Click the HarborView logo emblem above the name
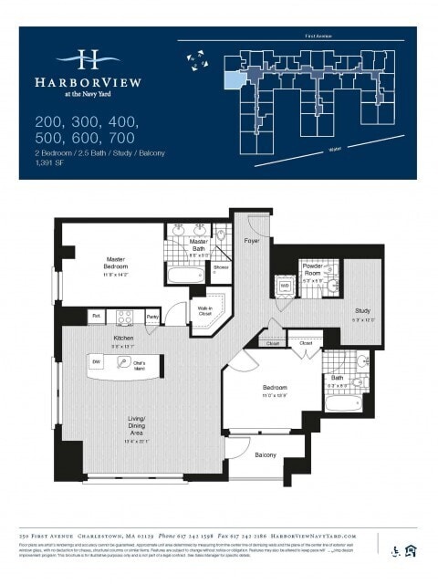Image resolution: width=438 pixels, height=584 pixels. pos(88,59)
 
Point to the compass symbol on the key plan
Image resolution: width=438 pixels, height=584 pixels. pos(195,58)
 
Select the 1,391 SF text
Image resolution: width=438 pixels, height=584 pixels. pos(50,163)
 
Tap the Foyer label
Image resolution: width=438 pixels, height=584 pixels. pos(251,241)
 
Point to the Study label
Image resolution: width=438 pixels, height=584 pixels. pos(362,311)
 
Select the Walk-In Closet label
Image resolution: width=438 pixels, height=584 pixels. pos(204,311)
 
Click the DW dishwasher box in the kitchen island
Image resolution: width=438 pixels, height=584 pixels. pos(96,362)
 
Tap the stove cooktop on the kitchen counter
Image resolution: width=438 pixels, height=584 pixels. pos(125,317)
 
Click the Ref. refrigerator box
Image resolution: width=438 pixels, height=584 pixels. pos(96,317)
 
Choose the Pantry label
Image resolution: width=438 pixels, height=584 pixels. pos(152,317)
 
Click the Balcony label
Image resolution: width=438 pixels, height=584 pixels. pos(266,454)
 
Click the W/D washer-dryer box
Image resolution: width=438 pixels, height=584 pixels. pos(285,286)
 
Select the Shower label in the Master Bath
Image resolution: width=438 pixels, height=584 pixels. pos(221,267)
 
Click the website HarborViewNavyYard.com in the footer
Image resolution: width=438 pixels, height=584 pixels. pos(313,536)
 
